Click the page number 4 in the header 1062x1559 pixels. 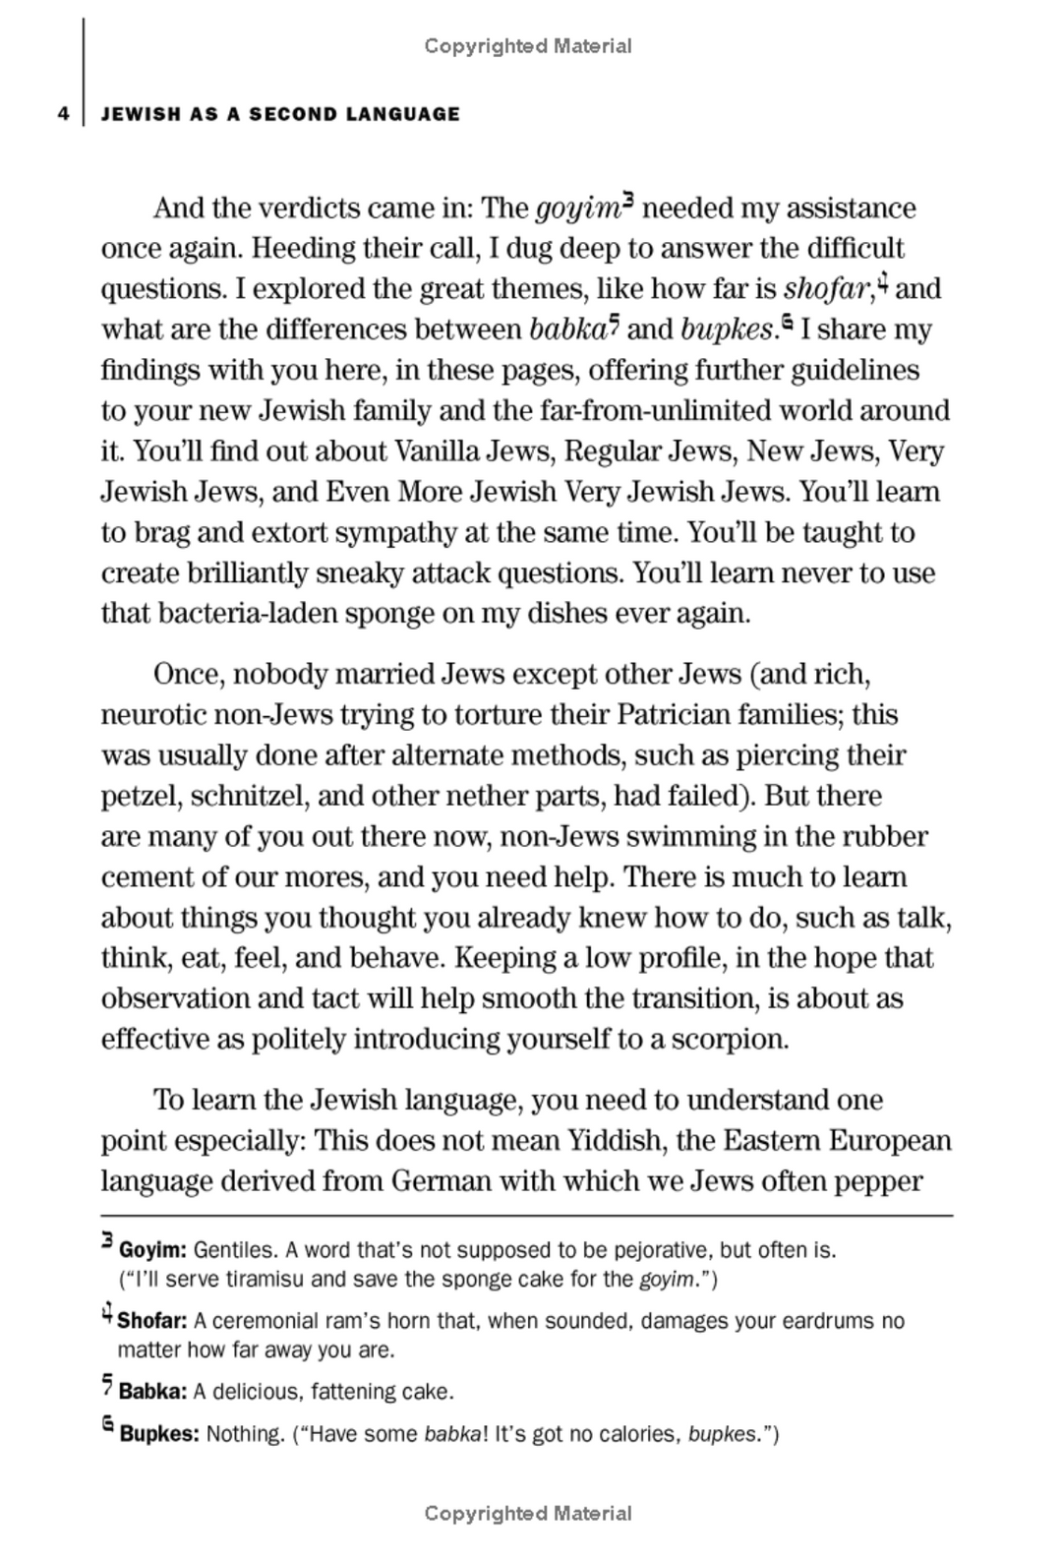(63, 114)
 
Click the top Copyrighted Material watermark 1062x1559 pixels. (528, 45)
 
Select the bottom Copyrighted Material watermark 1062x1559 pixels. (528, 1513)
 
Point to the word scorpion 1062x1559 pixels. (730, 1040)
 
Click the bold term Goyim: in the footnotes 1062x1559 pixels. (152, 1251)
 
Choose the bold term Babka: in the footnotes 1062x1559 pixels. (152, 1392)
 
